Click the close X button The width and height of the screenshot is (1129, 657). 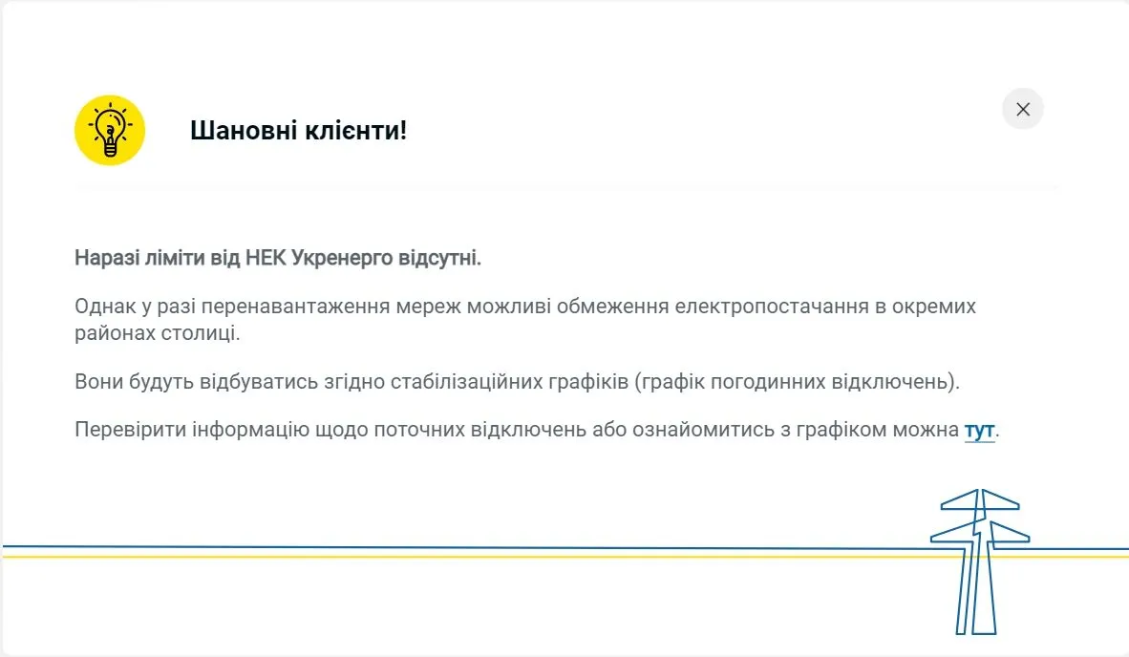click(1023, 109)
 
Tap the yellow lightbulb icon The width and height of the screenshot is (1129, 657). click(110, 130)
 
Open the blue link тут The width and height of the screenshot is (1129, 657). click(979, 430)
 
